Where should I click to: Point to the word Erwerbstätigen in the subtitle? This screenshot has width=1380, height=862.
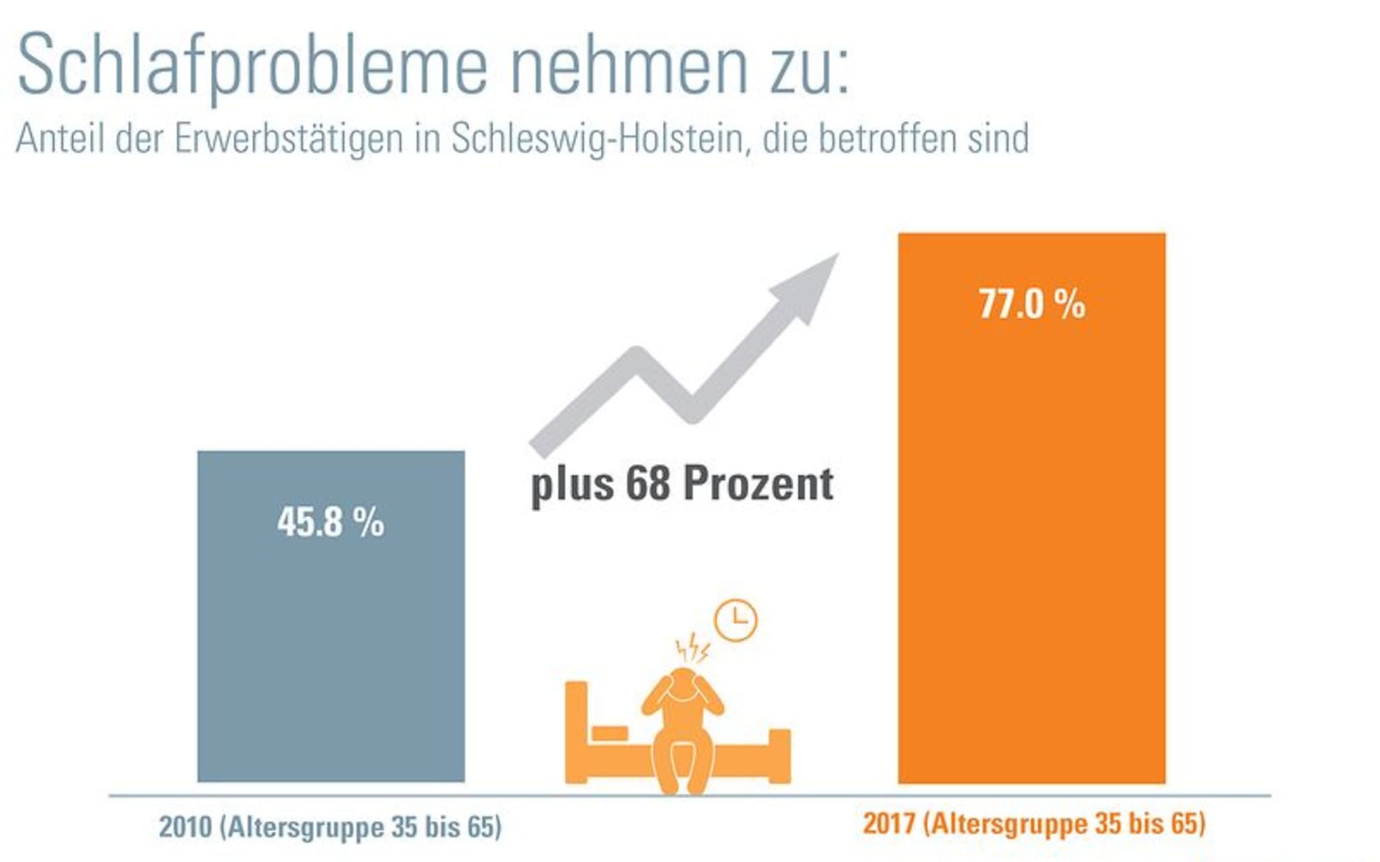click(289, 139)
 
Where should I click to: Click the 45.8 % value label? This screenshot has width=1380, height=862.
click(330, 523)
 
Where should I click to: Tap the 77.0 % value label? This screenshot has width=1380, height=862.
click(1032, 304)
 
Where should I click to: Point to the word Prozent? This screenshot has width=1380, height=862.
click(758, 484)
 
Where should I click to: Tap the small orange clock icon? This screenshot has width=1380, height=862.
click(735, 620)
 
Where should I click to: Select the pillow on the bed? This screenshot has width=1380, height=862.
click(609, 733)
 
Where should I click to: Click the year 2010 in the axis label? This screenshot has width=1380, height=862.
click(185, 827)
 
